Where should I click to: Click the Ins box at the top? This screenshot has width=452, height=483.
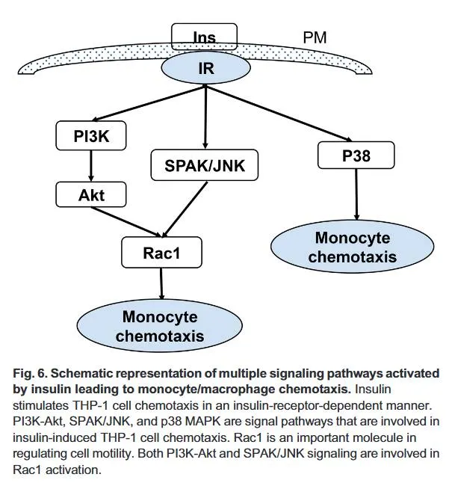[204, 35]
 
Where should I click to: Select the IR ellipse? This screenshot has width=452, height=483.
[205, 68]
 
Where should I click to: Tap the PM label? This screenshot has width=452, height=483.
[315, 37]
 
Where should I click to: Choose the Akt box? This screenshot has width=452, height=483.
[90, 195]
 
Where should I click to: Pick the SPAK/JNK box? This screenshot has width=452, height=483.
[204, 165]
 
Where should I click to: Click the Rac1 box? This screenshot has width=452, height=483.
[161, 252]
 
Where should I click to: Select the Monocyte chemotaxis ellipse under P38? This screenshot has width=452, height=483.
[354, 247]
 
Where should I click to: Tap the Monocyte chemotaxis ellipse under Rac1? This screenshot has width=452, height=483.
[161, 326]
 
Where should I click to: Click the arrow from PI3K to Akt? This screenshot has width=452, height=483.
[90, 165]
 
